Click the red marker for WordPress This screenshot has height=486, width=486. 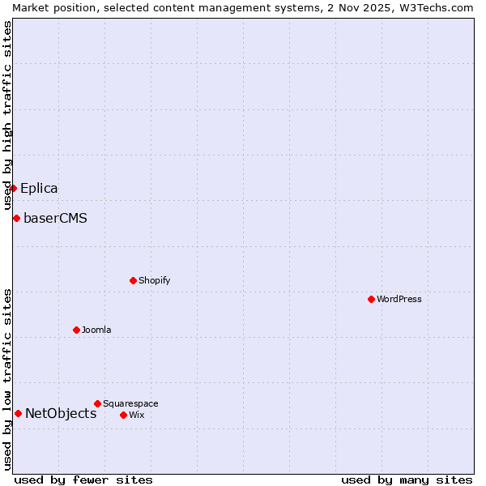tap(371, 299)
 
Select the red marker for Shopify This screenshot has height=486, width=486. tap(133, 280)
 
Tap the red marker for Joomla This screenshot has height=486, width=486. tap(76, 330)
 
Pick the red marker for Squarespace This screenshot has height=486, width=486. tap(97, 403)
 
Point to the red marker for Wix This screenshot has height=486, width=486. tap(123, 415)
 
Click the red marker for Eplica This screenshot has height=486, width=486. tap(13, 188)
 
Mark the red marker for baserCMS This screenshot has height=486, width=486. tap(16, 218)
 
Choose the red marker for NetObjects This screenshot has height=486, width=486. tap(18, 413)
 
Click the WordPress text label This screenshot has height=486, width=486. tap(399, 299)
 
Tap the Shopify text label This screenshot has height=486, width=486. tap(154, 280)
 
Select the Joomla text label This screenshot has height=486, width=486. tap(96, 330)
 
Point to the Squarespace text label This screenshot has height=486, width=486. tap(130, 403)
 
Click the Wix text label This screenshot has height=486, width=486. tap(136, 415)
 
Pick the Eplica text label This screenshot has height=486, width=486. tap(39, 189)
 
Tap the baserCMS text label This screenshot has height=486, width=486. tap(55, 219)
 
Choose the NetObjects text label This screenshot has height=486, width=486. tap(61, 414)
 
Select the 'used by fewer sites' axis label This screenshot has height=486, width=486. tap(83, 480)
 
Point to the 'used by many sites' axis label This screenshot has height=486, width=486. tap(407, 480)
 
